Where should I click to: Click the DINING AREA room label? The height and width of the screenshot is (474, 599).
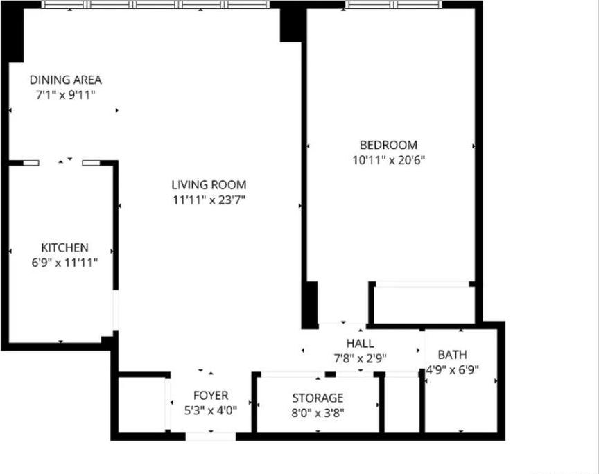65,80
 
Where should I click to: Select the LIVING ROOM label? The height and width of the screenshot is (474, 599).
209,185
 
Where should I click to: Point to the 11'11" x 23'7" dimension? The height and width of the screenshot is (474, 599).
209,200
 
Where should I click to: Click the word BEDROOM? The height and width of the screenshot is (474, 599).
388,145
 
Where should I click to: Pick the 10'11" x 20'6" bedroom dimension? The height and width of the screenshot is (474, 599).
388,160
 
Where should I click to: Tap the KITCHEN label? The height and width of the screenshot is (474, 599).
64,247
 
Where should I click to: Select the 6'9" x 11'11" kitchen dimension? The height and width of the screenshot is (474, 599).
64,263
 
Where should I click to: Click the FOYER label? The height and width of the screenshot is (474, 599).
210,395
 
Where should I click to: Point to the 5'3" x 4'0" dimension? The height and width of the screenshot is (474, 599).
210,410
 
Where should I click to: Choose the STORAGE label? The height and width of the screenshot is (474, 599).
318,398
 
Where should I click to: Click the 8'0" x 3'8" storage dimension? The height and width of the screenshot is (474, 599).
318,413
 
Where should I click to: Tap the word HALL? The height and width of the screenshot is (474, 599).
360,343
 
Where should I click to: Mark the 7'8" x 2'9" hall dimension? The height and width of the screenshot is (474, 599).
360,358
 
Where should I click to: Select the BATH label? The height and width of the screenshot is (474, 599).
452,355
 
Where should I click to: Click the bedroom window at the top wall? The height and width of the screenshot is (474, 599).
393,4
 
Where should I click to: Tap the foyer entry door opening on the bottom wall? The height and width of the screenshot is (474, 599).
210,437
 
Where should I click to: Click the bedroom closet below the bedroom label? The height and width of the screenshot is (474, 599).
423,304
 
